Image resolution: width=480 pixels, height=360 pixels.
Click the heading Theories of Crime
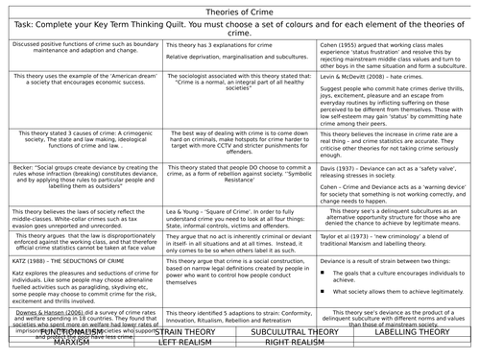(240, 9)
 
